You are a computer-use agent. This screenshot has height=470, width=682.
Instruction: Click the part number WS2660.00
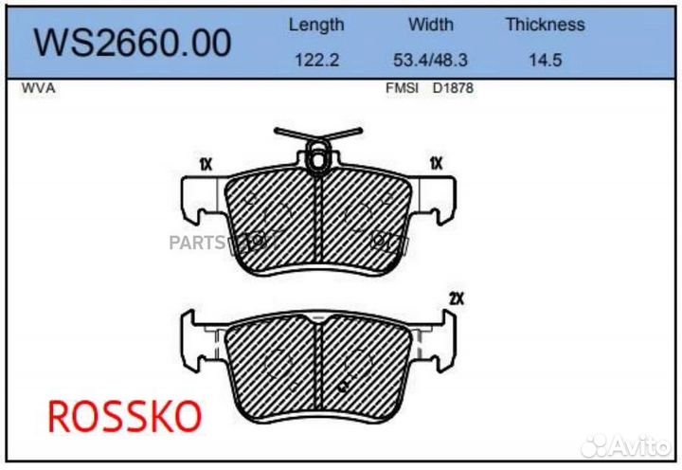(132, 42)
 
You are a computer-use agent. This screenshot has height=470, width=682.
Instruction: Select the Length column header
(316, 25)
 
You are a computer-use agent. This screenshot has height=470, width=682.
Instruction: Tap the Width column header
(431, 25)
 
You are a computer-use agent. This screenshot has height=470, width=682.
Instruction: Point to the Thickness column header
(545, 25)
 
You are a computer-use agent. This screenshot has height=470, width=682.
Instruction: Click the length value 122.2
(316, 59)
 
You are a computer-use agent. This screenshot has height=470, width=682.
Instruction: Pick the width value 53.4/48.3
(431, 59)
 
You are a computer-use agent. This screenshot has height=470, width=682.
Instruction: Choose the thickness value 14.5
(545, 59)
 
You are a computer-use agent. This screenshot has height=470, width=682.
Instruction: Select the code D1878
(453, 88)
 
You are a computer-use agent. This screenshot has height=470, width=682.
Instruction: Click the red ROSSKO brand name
(124, 416)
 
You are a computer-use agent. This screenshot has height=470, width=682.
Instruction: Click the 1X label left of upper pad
(206, 164)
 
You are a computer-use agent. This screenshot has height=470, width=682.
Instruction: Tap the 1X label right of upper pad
(437, 163)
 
